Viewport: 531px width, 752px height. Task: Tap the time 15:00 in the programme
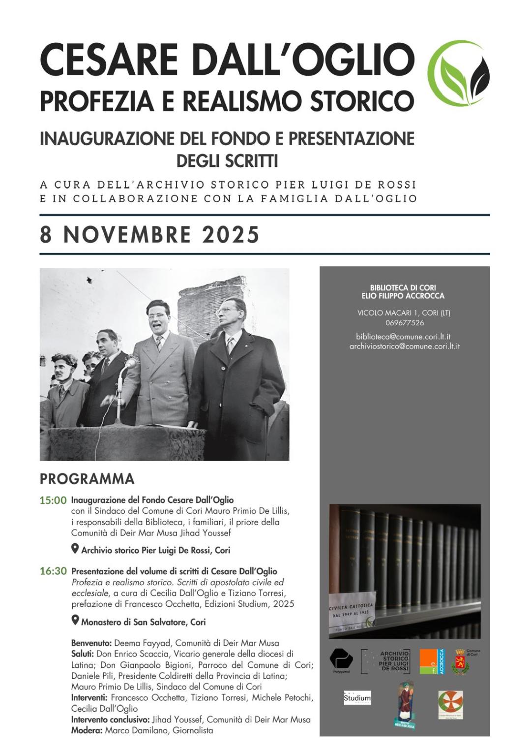coord(53,501)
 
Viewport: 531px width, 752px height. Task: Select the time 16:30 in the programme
coord(53,571)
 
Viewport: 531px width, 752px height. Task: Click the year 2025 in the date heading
coord(231,235)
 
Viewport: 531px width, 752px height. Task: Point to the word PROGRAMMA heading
coord(87,479)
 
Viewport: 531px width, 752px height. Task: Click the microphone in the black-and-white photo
coord(130,364)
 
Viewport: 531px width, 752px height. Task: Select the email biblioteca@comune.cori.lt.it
coord(403,337)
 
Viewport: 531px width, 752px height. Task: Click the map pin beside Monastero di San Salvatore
coord(75,620)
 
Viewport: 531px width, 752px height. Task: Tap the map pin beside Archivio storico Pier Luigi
coord(75,548)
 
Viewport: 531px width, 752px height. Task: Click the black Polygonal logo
coord(341,658)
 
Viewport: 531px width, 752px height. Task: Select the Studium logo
coord(357,698)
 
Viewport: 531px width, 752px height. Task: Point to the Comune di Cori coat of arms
coord(461,661)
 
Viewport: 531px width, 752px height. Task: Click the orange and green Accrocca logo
coord(432,661)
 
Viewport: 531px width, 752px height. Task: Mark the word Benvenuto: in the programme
coord(91,643)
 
